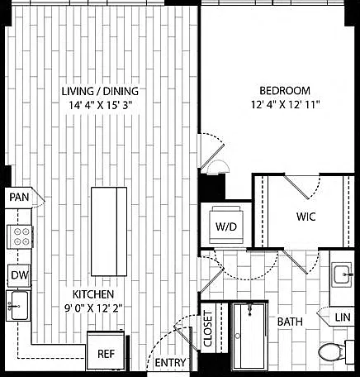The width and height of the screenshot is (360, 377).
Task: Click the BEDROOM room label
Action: click(x=285, y=91)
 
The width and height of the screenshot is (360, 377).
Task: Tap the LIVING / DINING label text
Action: click(x=100, y=91)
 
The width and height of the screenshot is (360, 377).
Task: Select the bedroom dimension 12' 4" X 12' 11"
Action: click(x=285, y=105)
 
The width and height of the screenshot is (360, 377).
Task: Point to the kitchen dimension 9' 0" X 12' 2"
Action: click(x=93, y=308)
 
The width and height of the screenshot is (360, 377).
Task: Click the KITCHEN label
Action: click(x=93, y=294)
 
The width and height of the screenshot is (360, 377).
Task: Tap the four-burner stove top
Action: click(x=20, y=237)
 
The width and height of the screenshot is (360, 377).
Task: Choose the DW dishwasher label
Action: click(x=20, y=274)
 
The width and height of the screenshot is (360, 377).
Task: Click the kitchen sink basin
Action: click(x=18, y=305)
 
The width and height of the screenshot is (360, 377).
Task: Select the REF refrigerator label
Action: click(x=106, y=354)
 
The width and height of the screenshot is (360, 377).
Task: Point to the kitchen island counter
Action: click(x=109, y=231)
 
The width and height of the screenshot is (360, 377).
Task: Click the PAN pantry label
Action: click(x=19, y=197)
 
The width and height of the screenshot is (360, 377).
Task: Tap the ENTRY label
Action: click(x=170, y=362)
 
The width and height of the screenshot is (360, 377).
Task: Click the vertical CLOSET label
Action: click(x=208, y=328)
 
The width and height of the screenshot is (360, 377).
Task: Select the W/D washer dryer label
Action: click(x=226, y=227)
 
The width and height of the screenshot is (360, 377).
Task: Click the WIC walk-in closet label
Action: click(x=306, y=217)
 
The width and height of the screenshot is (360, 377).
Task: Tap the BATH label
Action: click(x=290, y=322)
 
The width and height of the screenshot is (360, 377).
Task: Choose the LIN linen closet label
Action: click(x=343, y=317)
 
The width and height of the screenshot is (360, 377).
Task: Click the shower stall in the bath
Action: click(x=250, y=336)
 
